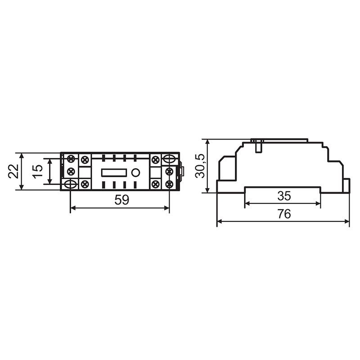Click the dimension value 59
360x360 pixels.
point(122,200)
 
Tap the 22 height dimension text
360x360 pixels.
point(13,171)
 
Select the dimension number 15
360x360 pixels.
point(37,171)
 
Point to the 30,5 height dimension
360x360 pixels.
point(199,166)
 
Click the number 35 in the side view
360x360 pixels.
point(284,196)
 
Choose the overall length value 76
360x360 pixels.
point(284,214)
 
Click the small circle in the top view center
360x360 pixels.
point(135,173)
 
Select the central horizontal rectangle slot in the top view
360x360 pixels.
point(114,173)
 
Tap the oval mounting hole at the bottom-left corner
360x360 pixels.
point(71,184)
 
